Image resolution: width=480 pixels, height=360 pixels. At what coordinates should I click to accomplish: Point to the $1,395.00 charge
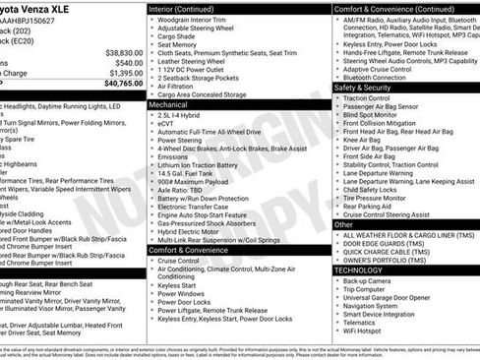point(126,73)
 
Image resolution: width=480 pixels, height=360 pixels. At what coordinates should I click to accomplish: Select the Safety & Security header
point(365,88)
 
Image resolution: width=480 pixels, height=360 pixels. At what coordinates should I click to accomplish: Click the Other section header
point(343,224)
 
